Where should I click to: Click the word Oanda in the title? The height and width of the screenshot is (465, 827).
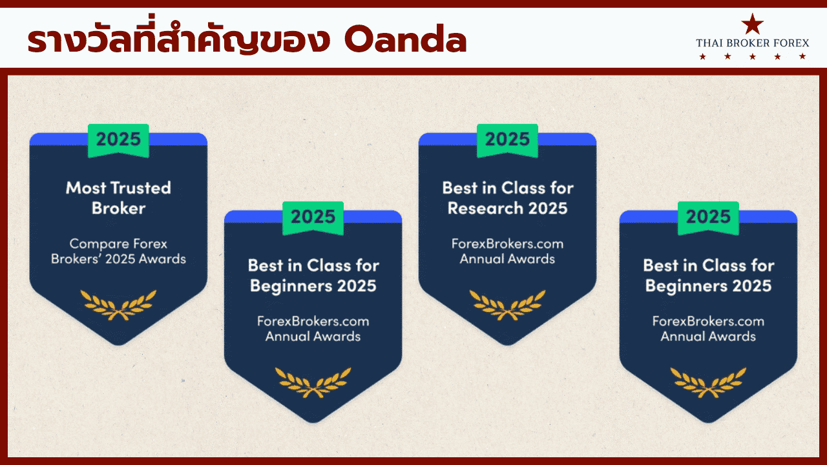[x=405, y=39]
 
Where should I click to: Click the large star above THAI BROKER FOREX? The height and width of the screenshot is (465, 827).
[x=753, y=25]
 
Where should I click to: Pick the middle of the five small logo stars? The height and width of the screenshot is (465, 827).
[x=753, y=57]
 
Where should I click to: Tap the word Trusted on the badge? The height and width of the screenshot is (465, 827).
[x=141, y=188]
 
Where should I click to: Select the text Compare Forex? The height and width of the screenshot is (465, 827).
[x=118, y=243]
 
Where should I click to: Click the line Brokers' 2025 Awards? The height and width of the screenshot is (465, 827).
[x=118, y=259]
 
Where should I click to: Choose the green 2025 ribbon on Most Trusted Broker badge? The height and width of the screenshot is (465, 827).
[x=118, y=140]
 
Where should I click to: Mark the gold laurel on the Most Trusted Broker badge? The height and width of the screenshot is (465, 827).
[x=118, y=305]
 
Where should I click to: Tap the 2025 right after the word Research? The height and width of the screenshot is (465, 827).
[x=548, y=208]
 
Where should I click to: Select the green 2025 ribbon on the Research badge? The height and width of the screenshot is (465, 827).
[x=507, y=140]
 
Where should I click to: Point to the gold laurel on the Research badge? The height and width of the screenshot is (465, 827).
[x=507, y=305]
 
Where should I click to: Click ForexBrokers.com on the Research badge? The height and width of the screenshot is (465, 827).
[x=507, y=243]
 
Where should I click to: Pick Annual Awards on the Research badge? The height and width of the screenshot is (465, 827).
[x=507, y=259]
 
